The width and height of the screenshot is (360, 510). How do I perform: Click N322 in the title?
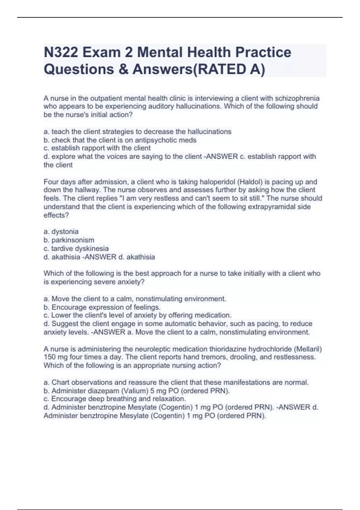click(x=61, y=52)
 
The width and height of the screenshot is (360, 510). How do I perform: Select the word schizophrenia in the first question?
click(x=297, y=98)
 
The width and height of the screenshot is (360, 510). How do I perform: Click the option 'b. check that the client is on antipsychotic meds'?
click(x=120, y=140)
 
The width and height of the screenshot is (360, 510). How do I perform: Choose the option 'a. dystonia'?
click(x=61, y=232)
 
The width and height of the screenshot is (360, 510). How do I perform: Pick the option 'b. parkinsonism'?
click(x=69, y=240)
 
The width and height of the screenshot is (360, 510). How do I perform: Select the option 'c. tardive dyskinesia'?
click(x=76, y=248)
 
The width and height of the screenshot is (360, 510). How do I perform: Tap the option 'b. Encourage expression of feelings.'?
click(x=102, y=307)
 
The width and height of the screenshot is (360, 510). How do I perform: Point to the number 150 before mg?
click(x=49, y=357)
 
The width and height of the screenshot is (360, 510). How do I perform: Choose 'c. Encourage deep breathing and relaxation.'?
click(x=115, y=399)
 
